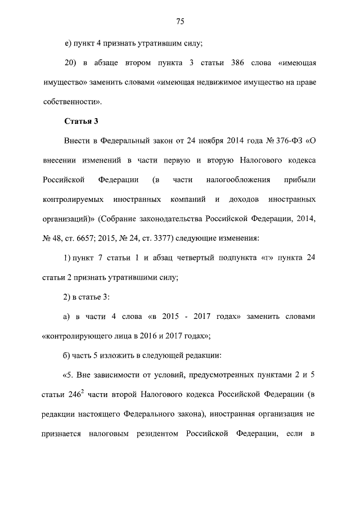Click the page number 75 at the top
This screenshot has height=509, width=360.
(x=180, y=22)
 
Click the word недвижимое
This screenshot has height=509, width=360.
(x=213, y=82)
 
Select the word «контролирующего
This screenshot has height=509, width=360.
(x=78, y=336)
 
